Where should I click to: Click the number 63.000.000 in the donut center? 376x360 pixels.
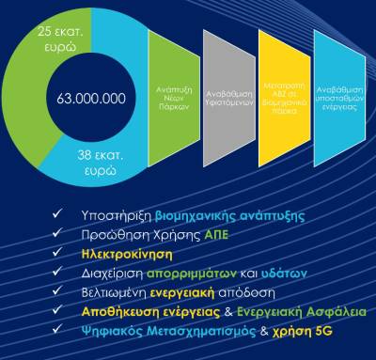tap(91, 98)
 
